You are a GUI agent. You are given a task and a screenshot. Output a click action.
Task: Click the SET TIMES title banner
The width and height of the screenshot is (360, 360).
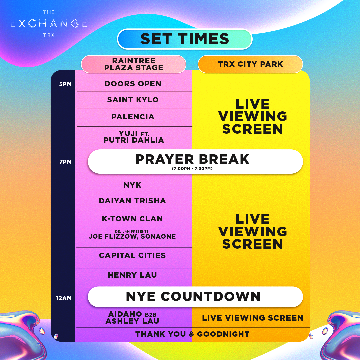click(x=185, y=39)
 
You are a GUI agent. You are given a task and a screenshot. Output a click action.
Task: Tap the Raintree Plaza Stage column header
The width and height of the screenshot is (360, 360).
click(x=134, y=64)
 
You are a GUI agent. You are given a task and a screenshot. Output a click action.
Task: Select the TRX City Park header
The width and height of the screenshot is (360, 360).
click(x=250, y=64)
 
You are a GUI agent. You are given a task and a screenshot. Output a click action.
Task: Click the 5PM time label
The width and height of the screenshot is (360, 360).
click(x=65, y=84)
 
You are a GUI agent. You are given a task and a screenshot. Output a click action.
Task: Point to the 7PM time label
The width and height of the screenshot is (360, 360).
click(x=65, y=162)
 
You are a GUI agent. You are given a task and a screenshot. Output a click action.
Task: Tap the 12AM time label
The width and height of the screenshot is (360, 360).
click(x=64, y=298)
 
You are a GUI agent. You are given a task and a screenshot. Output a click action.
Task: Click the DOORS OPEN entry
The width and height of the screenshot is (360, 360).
click(x=133, y=84)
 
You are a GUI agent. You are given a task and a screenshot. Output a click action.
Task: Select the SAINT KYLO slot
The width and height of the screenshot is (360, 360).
click(x=133, y=100)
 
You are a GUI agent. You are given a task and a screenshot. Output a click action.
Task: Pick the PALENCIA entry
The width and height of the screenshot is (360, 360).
click(x=133, y=117)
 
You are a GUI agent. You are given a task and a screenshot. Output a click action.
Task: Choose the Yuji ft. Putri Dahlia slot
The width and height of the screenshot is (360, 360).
click(x=134, y=137)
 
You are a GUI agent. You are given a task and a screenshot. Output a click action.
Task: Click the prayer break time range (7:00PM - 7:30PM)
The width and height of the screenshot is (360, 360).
click(x=192, y=169)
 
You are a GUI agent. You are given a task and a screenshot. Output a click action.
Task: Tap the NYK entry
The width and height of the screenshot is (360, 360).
click(x=132, y=185)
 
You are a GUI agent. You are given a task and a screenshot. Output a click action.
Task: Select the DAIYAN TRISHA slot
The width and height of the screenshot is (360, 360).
click(x=132, y=201)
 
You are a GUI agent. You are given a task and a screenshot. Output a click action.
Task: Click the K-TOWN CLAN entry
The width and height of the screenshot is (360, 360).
click(x=132, y=219)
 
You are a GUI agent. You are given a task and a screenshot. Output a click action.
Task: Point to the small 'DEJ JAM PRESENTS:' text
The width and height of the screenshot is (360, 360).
click(x=132, y=231)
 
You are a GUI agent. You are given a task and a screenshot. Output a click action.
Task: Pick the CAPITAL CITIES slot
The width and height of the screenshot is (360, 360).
click(x=132, y=255)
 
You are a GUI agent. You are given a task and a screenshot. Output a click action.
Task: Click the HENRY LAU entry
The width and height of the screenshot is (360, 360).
click(x=132, y=275)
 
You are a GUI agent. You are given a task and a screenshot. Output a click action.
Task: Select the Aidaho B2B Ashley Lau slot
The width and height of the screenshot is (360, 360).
click(x=132, y=318)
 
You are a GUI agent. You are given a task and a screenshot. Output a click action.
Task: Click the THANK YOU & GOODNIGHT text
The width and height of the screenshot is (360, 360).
click(x=192, y=334)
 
